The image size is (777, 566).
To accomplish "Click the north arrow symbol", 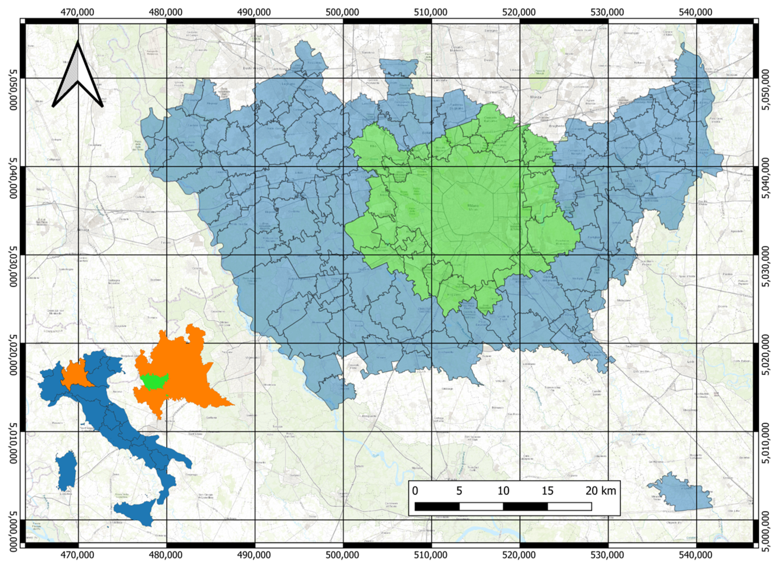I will [78, 77].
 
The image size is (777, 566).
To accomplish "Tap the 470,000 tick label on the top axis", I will [78, 12].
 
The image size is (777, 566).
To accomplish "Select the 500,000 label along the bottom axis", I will [343, 554].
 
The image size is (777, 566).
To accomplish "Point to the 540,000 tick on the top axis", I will [696, 12].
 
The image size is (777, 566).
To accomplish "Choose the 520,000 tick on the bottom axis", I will [520, 554].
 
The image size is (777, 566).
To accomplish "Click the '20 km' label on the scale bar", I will [601, 491].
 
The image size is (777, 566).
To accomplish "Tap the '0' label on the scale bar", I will [415, 491].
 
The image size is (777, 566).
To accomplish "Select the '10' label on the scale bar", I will [503, 491].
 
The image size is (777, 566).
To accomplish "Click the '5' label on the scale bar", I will [459, 491].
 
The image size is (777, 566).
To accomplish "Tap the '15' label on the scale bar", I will [547, 491].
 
